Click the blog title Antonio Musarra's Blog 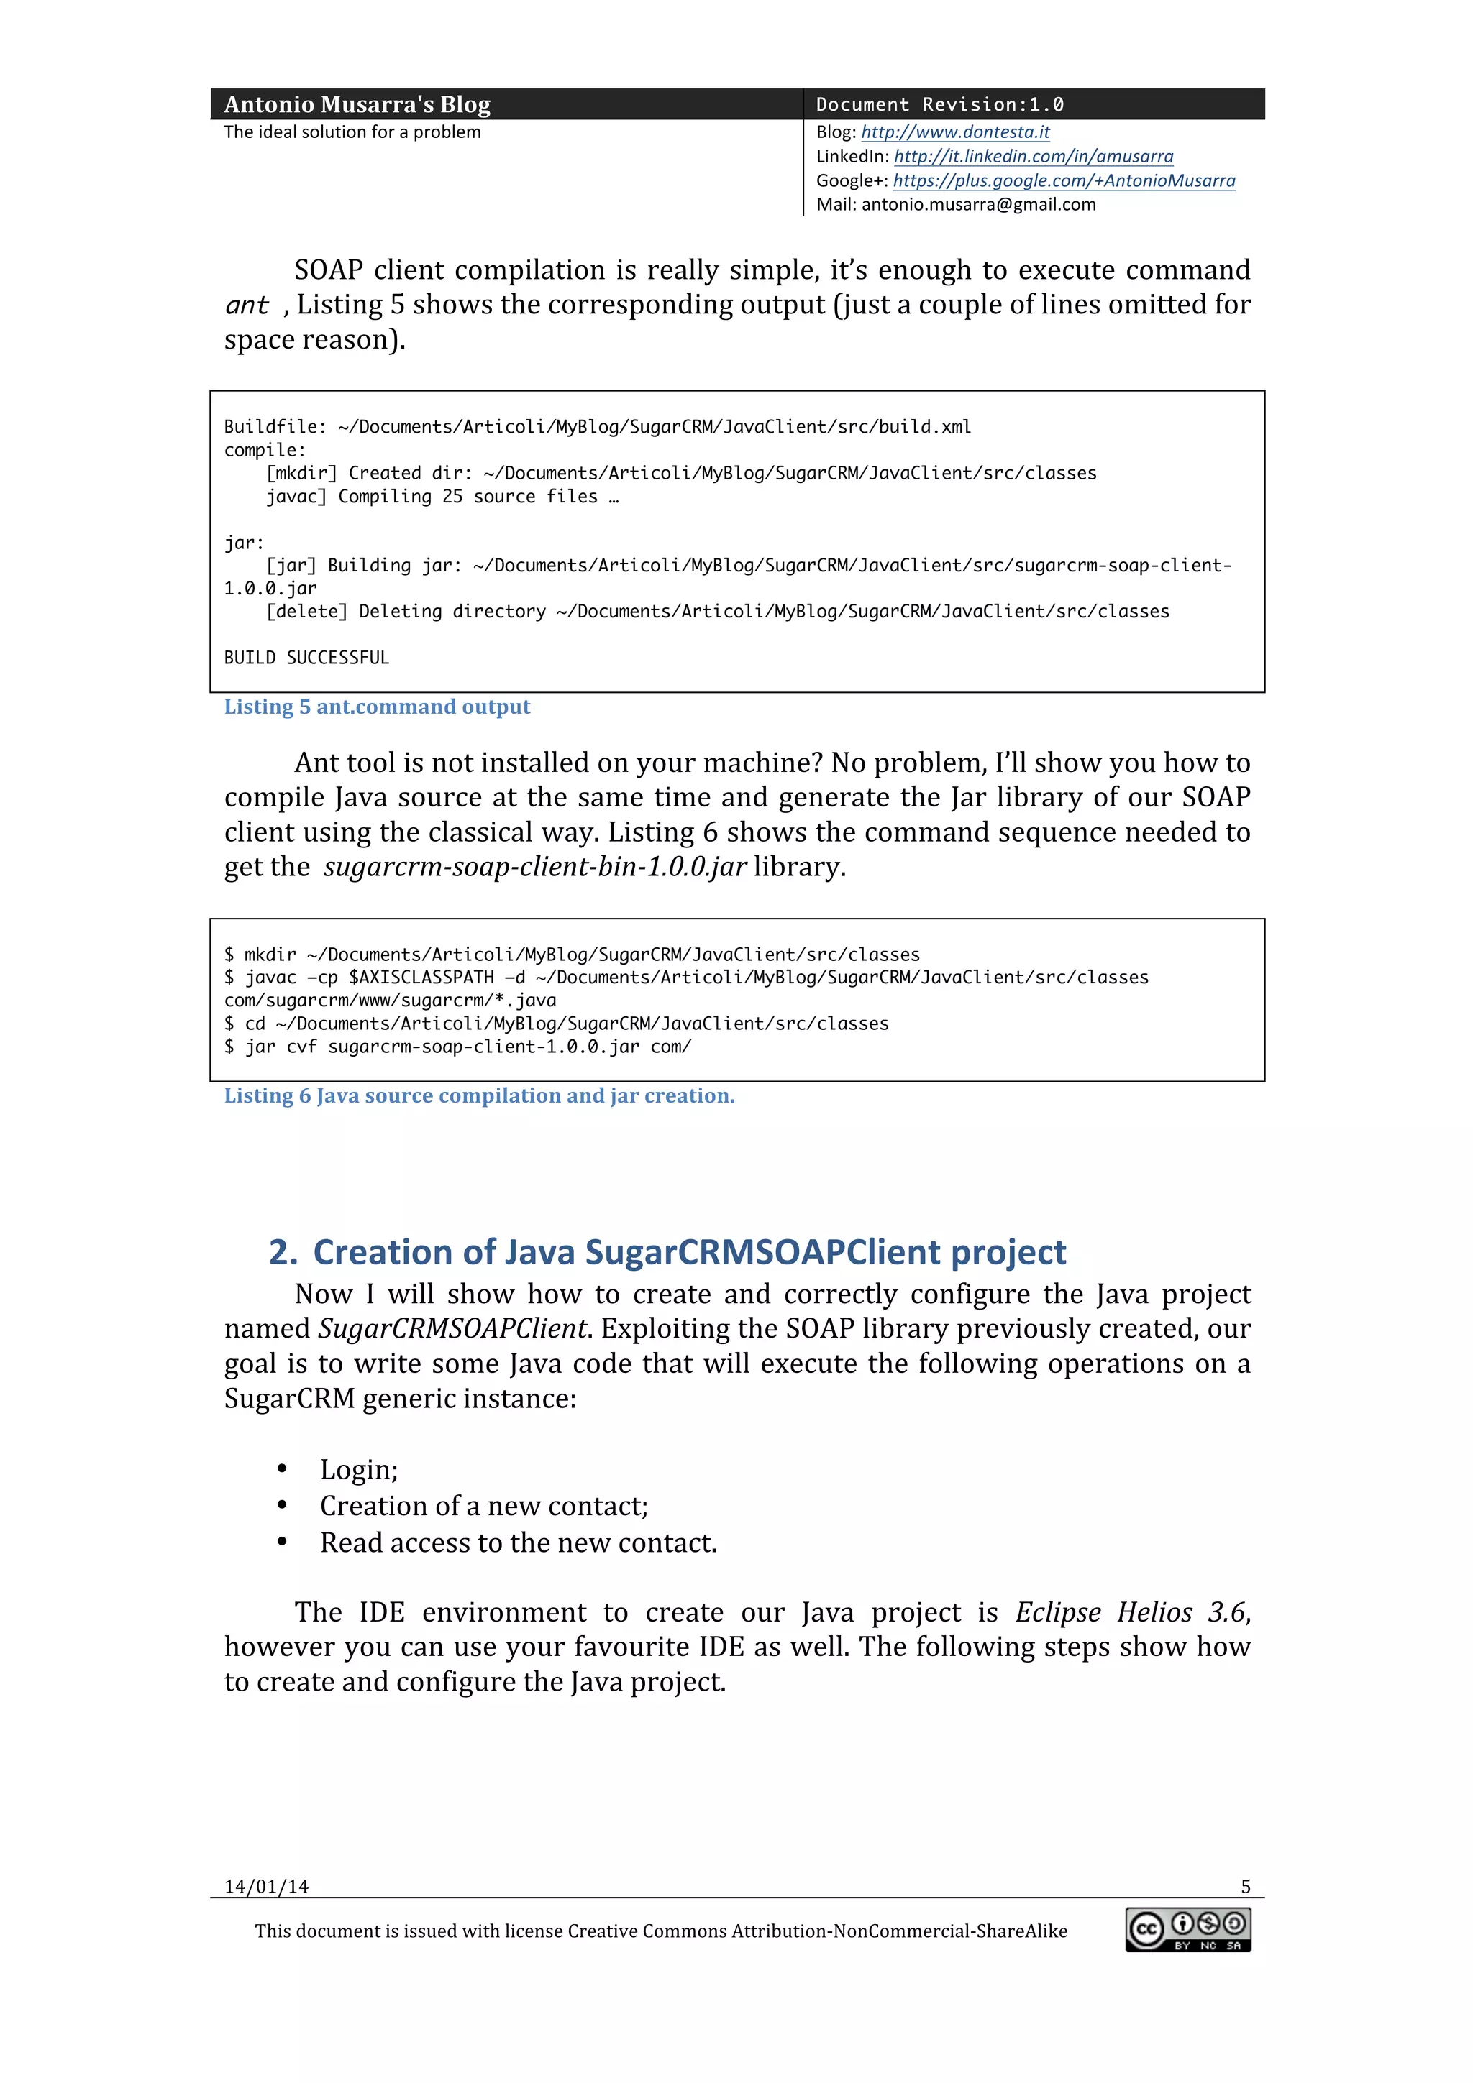tap(357, 104)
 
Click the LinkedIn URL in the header tap(1033, 156)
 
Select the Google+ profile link tap(1064, 180)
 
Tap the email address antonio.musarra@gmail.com tap(978, 205)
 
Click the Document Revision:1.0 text tap(939, 104)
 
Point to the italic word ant tap(247, 305)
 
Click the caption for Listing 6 tap(479, 1096)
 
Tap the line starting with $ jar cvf tap(457, 1047)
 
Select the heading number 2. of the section tap(283, 1253)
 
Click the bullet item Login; tap(358, 1470)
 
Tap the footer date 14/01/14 tap(266, 1887)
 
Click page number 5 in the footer tap(1245, 1887)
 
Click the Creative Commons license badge tap(1188, 1931)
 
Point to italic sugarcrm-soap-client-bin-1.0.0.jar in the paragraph tap(534, 868)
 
